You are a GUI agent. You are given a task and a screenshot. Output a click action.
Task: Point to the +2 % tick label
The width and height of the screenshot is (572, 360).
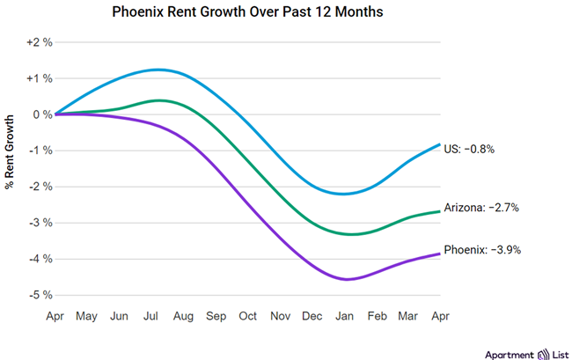click(x=40, y=42)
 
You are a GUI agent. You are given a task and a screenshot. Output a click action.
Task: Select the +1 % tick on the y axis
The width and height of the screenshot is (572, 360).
click(x=40, y=78)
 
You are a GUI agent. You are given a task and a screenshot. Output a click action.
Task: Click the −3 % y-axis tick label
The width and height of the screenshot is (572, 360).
click(x=40, y=223)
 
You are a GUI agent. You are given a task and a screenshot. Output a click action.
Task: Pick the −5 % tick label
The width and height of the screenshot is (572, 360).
click(x=40, y=295)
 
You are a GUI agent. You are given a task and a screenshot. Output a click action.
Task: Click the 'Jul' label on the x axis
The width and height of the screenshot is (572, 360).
click(x=150, y=315)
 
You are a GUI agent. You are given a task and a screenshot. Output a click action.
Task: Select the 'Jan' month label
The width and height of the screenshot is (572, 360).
click(x=344, y=315)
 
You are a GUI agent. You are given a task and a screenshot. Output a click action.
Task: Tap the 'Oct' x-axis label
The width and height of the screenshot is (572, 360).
click(x=247, y=315)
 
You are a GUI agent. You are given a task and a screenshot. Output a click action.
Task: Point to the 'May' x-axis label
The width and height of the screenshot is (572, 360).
click(x=86, y=315)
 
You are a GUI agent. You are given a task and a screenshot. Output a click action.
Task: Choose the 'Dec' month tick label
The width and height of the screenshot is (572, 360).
click(x=312, y=315)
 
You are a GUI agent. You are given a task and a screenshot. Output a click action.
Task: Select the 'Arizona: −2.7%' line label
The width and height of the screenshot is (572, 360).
click(x=481, y=208)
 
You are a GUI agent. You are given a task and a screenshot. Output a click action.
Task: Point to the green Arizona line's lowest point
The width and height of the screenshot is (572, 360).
click(x=351, y=234)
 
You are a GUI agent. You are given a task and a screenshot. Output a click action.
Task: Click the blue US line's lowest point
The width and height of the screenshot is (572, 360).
click(x=343, y=194)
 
